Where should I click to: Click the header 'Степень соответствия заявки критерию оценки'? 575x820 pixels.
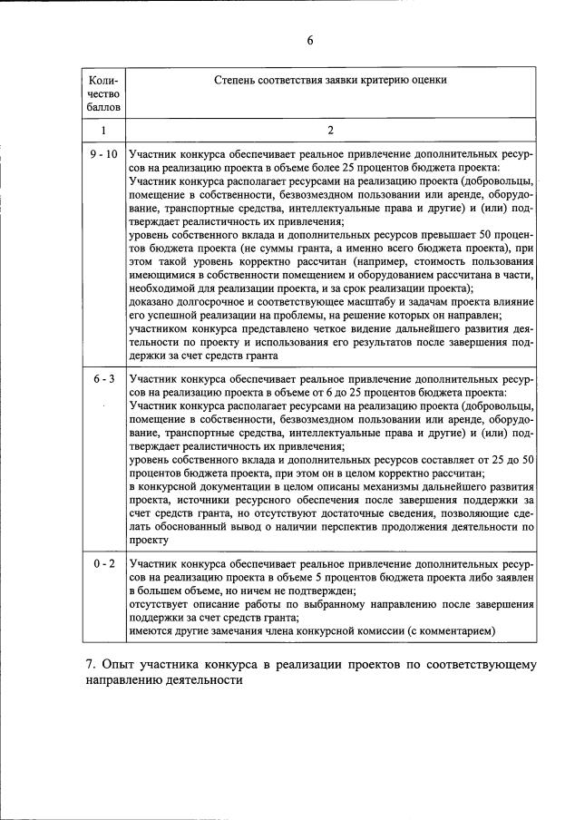point(330,81)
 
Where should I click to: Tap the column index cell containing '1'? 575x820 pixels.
point(103,131)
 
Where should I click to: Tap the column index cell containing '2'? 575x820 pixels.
point(330,131)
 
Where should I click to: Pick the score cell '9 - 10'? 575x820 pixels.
point(103,155)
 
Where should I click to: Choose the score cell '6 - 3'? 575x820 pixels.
point(103,378)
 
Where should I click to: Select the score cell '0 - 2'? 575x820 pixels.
point(103,563)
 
